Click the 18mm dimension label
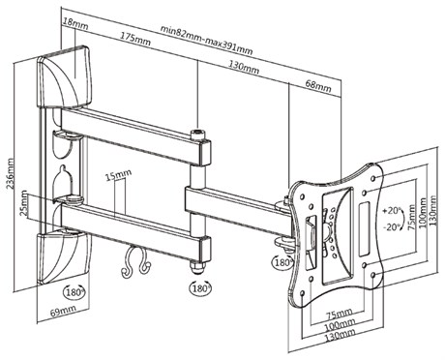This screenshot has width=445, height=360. pos(75,23)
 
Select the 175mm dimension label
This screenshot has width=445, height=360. pos(135,39)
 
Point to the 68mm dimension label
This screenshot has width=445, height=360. pos(318,85)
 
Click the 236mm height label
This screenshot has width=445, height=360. pos(11,173)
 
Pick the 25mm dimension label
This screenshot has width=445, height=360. pos(24,204)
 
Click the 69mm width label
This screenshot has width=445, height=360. pos(63,311)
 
